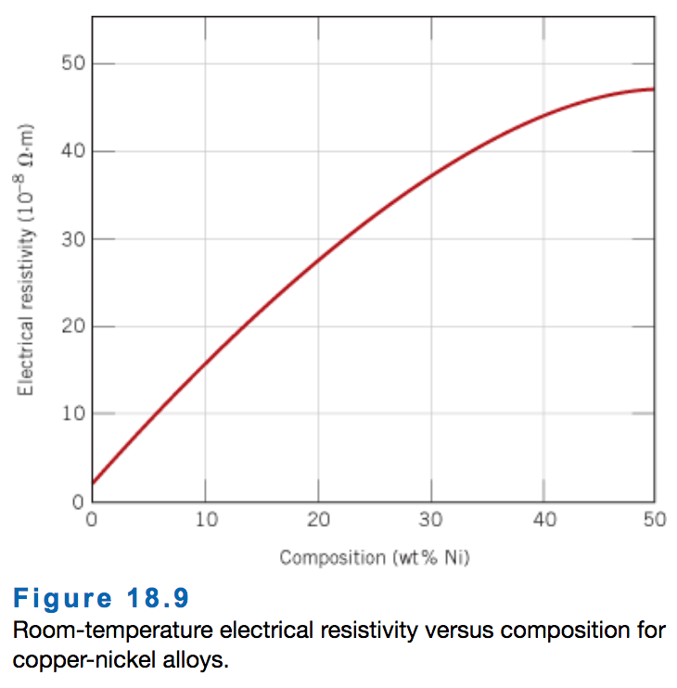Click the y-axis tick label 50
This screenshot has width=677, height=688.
[74, 63]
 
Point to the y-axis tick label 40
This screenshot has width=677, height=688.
[74, 151]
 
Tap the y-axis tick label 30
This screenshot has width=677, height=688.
[74, 239]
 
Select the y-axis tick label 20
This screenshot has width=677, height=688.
[74, 326]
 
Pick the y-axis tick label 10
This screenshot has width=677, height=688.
[74, 414]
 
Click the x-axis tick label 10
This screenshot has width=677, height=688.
[206, 519]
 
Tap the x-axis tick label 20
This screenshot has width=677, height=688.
[319, 519]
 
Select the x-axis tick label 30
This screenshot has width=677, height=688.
[431, 519]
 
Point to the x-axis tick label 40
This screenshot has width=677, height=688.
[544, 519]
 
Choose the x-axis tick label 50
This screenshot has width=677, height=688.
[654, 519]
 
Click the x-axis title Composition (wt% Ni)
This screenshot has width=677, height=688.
[372, 557]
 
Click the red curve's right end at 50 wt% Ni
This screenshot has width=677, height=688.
[654, 89]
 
